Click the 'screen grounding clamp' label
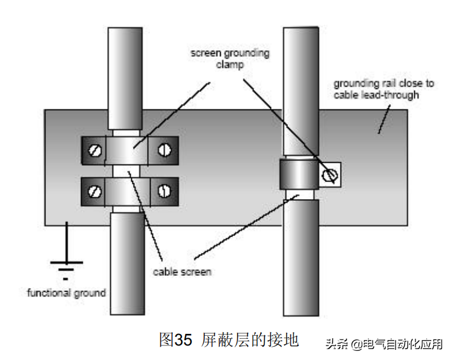pyautogui.click(x=230, y=58)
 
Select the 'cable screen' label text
pyautogui.click(x=181, y=272)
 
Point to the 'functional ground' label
pyautogui.click(x=67, y=293)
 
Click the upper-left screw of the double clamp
pyautogui.click(x=94, y=149)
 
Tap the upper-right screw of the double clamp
pyautogui.click(x=164, y=149)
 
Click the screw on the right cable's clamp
pyautogui.click(x=330, y=175)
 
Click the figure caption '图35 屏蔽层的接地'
pyautogui.click(x=229, y=339)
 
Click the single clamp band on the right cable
pyautogui.click(x=298, y=175)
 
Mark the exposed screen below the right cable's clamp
pyautogui.click(x=300, y=195)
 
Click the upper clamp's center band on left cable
pyautogui.click(x=129, y=149)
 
